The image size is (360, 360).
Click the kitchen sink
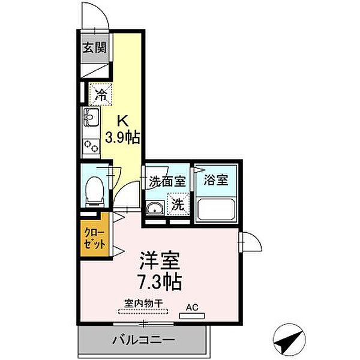point(91,118)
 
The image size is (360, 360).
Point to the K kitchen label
point(122,118)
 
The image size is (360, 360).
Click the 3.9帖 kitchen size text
point(123,137)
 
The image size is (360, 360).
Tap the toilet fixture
point(95,190)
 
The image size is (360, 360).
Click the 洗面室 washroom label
point(167,181)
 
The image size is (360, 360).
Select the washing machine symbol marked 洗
point(177,203)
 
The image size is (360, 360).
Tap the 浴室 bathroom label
point(215,180)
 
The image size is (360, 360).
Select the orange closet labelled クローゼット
point(95,237)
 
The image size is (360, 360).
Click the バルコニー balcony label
point(143,340)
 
